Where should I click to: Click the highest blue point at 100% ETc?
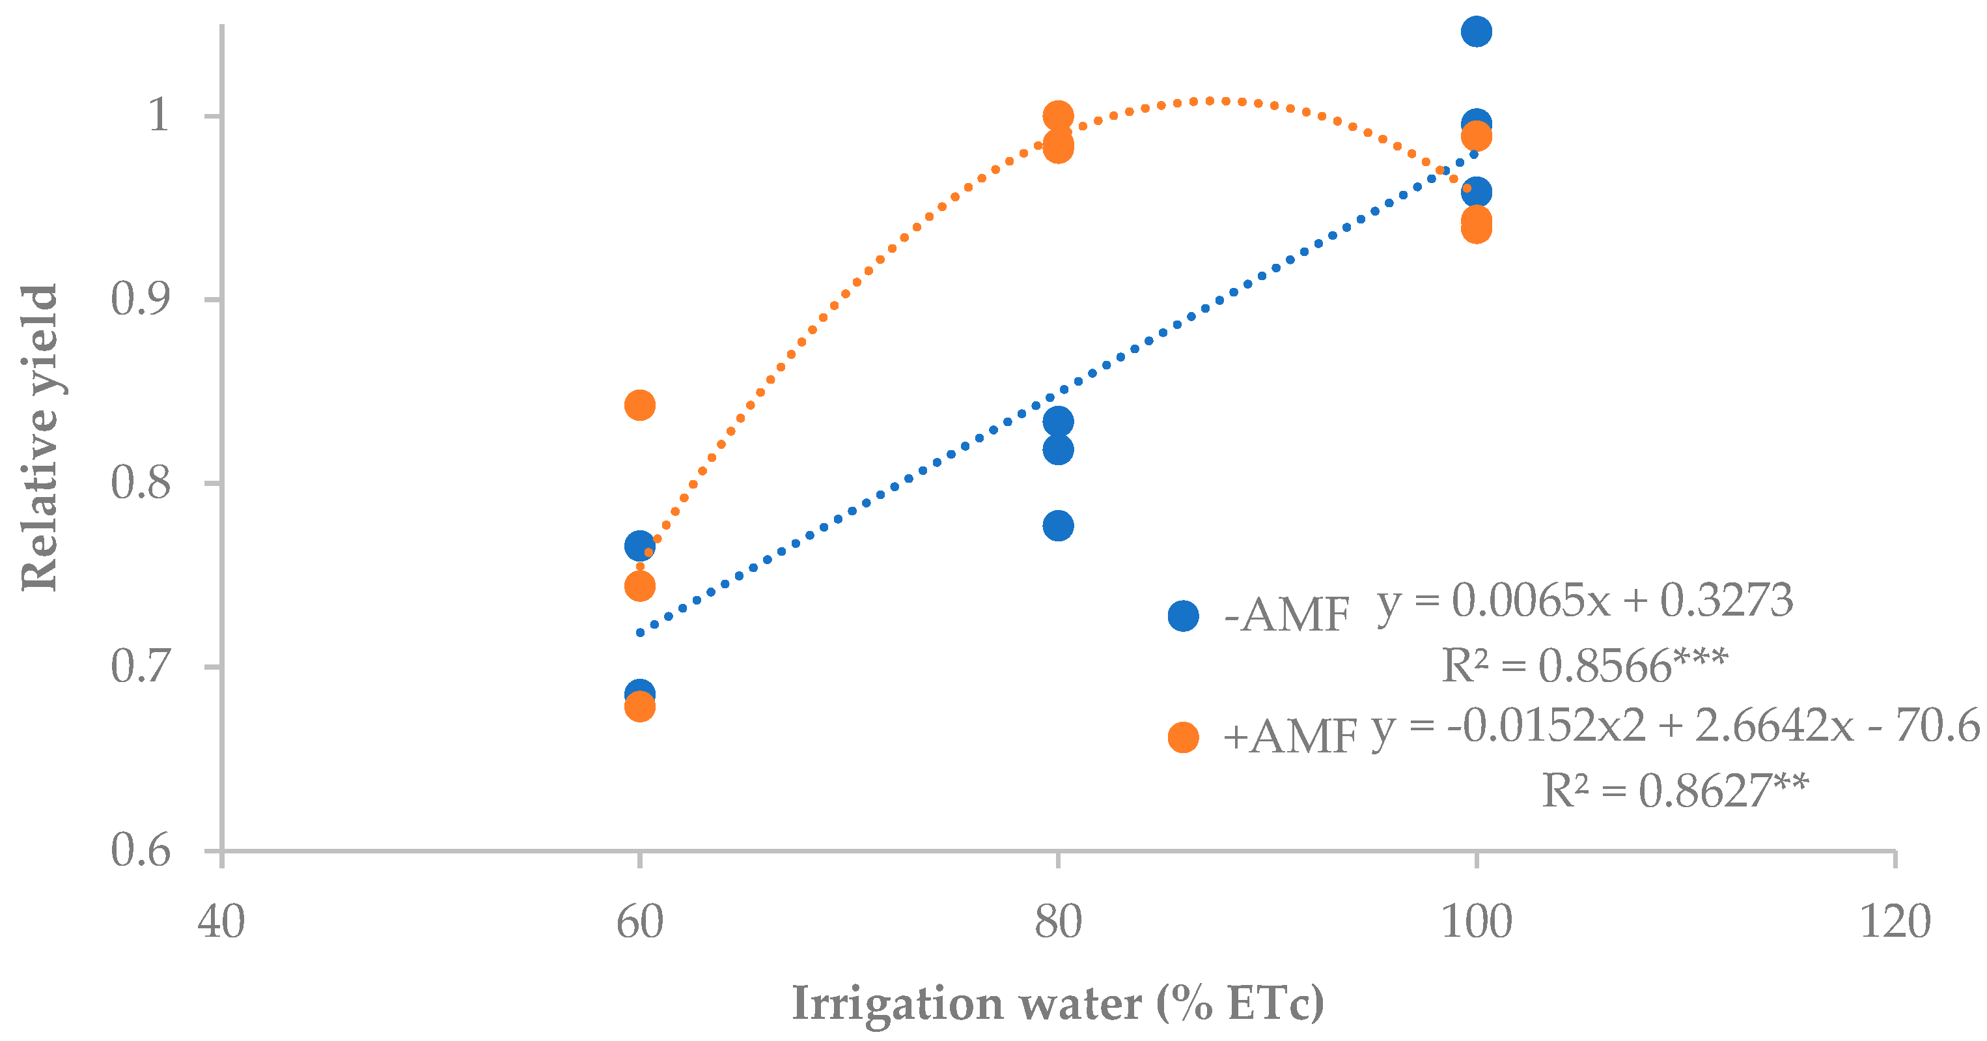(1475, 32)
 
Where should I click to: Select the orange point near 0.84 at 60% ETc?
(639, 405)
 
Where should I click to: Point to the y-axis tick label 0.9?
(139, 300)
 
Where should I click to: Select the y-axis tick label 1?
(158, 116)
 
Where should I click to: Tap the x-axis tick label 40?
(221, 922)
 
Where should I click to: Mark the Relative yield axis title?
(39, 438)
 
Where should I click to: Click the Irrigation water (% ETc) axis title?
(1057, 1004)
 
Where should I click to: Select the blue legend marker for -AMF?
(1183, 616)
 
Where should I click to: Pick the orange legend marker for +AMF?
(1183, 737)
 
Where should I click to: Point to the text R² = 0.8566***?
(1585, 665)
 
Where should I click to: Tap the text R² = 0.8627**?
(1674, 790)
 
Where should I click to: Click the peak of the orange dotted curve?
(1209, 100)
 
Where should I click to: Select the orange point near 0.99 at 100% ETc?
(1475, 137)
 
